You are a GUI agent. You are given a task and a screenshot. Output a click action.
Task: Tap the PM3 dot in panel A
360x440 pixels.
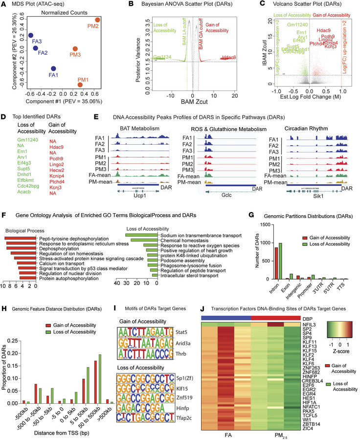(74, 49)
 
